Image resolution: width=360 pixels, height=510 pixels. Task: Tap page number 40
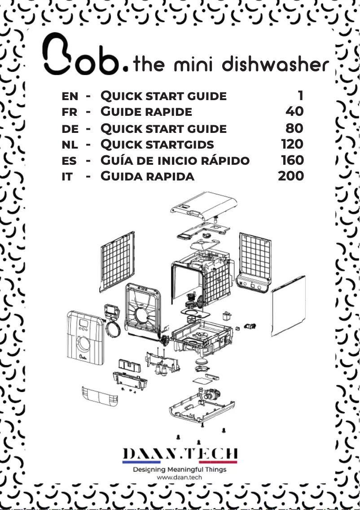[294, 111]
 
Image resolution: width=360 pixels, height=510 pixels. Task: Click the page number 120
[292, 144]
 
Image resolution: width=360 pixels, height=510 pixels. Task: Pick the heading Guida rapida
[147, 176]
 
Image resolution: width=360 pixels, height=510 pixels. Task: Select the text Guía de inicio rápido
[175, 160]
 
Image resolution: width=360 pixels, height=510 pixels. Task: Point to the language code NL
[70, 144]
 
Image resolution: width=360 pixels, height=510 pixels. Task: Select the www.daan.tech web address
[180, 478]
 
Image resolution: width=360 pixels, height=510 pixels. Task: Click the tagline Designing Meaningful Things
[180, 470]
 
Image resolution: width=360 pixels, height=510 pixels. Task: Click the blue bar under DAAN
[141, 462]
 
